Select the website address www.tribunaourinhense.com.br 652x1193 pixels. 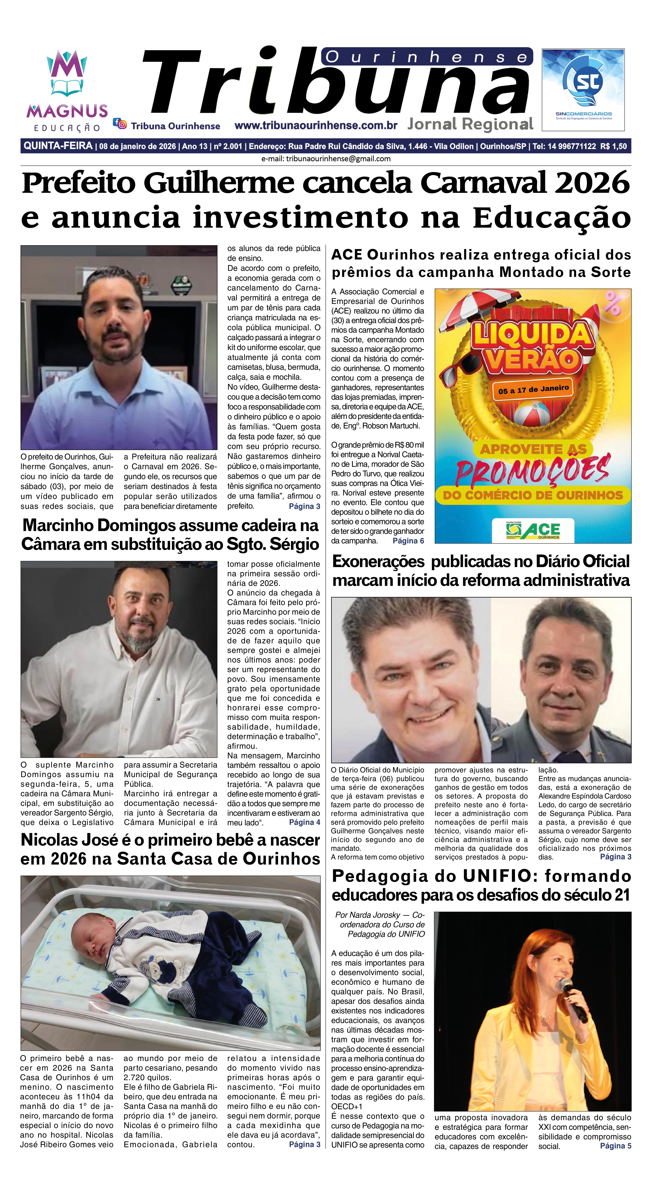click(316, 126)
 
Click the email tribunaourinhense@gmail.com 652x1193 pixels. click(338, 158)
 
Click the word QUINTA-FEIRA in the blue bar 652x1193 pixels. click(58, 146)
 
